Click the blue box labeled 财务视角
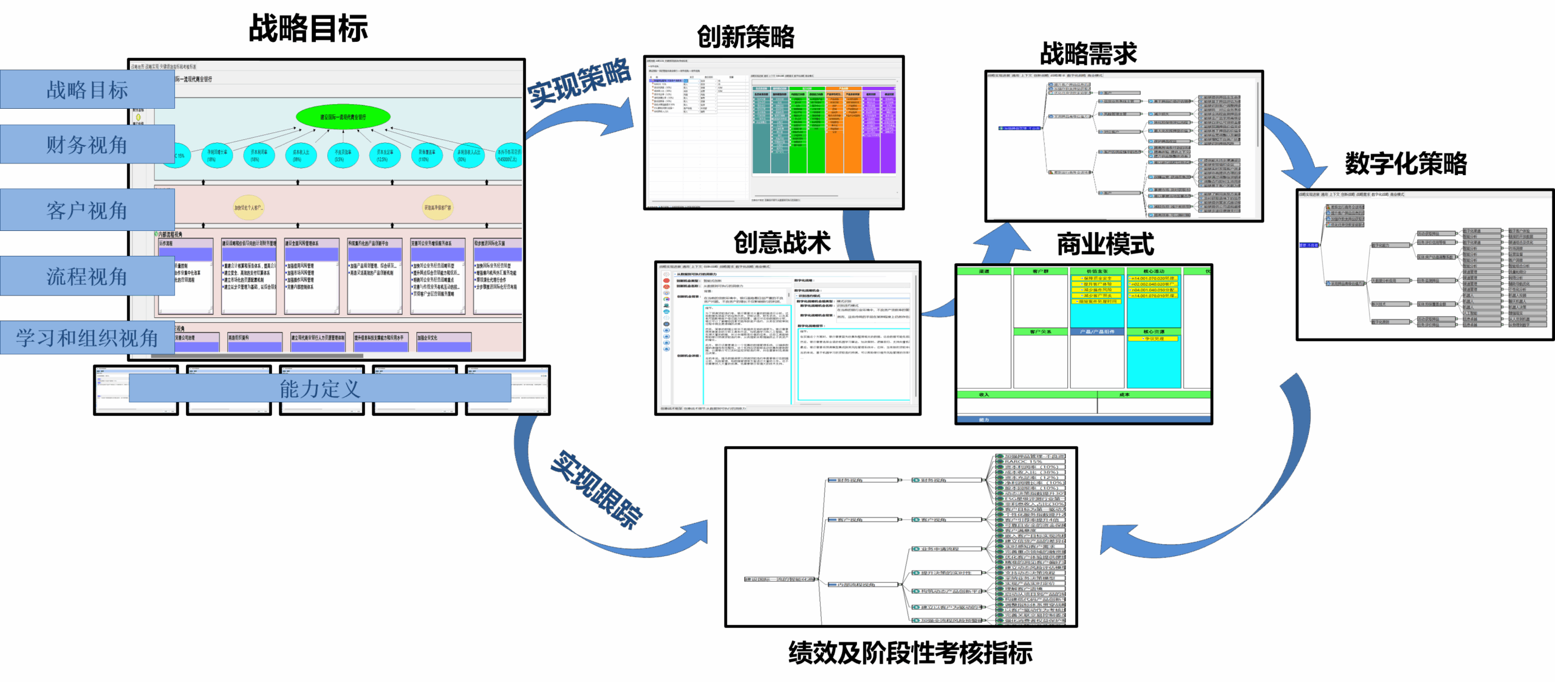87,144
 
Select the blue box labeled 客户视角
87,210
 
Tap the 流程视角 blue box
87,276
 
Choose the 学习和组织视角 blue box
87,337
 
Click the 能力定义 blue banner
320,388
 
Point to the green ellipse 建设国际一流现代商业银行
343,117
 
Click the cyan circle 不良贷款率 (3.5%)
343,156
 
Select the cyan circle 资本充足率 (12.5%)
385,156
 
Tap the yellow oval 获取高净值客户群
437,207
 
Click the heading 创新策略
745,36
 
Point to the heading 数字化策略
1406,163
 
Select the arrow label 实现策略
578,82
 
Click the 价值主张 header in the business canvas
1097,271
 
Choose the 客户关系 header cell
1041,332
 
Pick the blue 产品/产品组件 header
1097,332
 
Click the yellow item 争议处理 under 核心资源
1153,339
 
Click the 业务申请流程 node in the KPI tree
939,549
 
